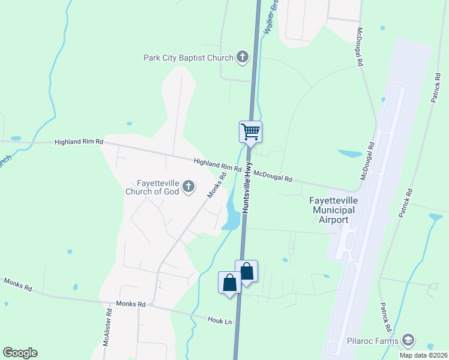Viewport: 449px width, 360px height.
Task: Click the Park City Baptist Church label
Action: (188, 58)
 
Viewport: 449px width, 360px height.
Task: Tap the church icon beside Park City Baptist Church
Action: (243, 58)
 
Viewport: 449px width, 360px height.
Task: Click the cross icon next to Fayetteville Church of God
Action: (188, 187)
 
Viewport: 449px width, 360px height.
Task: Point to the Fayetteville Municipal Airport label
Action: (333, 209)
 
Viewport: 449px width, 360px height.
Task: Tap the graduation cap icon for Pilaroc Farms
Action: (409, 341)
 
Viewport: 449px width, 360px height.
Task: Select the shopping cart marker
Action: (250, 132)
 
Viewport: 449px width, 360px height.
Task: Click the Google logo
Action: (20, 353)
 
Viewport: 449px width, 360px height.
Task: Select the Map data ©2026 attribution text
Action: (423, 355)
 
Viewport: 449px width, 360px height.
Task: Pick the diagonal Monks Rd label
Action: (216, 185)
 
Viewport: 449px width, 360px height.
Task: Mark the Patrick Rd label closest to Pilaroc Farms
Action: (385, 317)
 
